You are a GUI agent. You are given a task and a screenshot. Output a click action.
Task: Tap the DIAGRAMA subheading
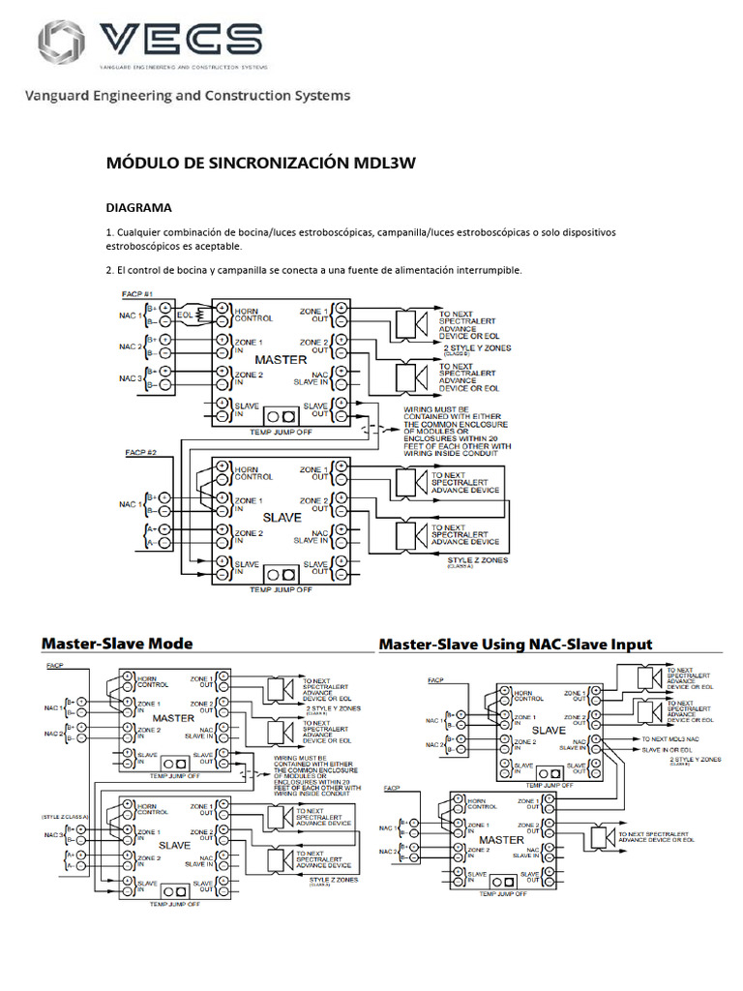(137, 207)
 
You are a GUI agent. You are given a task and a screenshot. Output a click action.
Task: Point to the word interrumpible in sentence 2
(490, 270)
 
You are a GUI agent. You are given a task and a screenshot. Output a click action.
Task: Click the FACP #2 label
(141, 452)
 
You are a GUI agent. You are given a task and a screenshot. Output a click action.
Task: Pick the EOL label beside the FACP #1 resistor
(185, 313)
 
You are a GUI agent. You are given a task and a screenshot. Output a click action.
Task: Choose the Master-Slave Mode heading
(117, 644)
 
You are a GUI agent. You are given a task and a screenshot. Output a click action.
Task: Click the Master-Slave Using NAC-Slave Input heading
(516, 644)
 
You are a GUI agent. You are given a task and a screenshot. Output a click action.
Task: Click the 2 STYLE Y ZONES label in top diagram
(477, 347)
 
